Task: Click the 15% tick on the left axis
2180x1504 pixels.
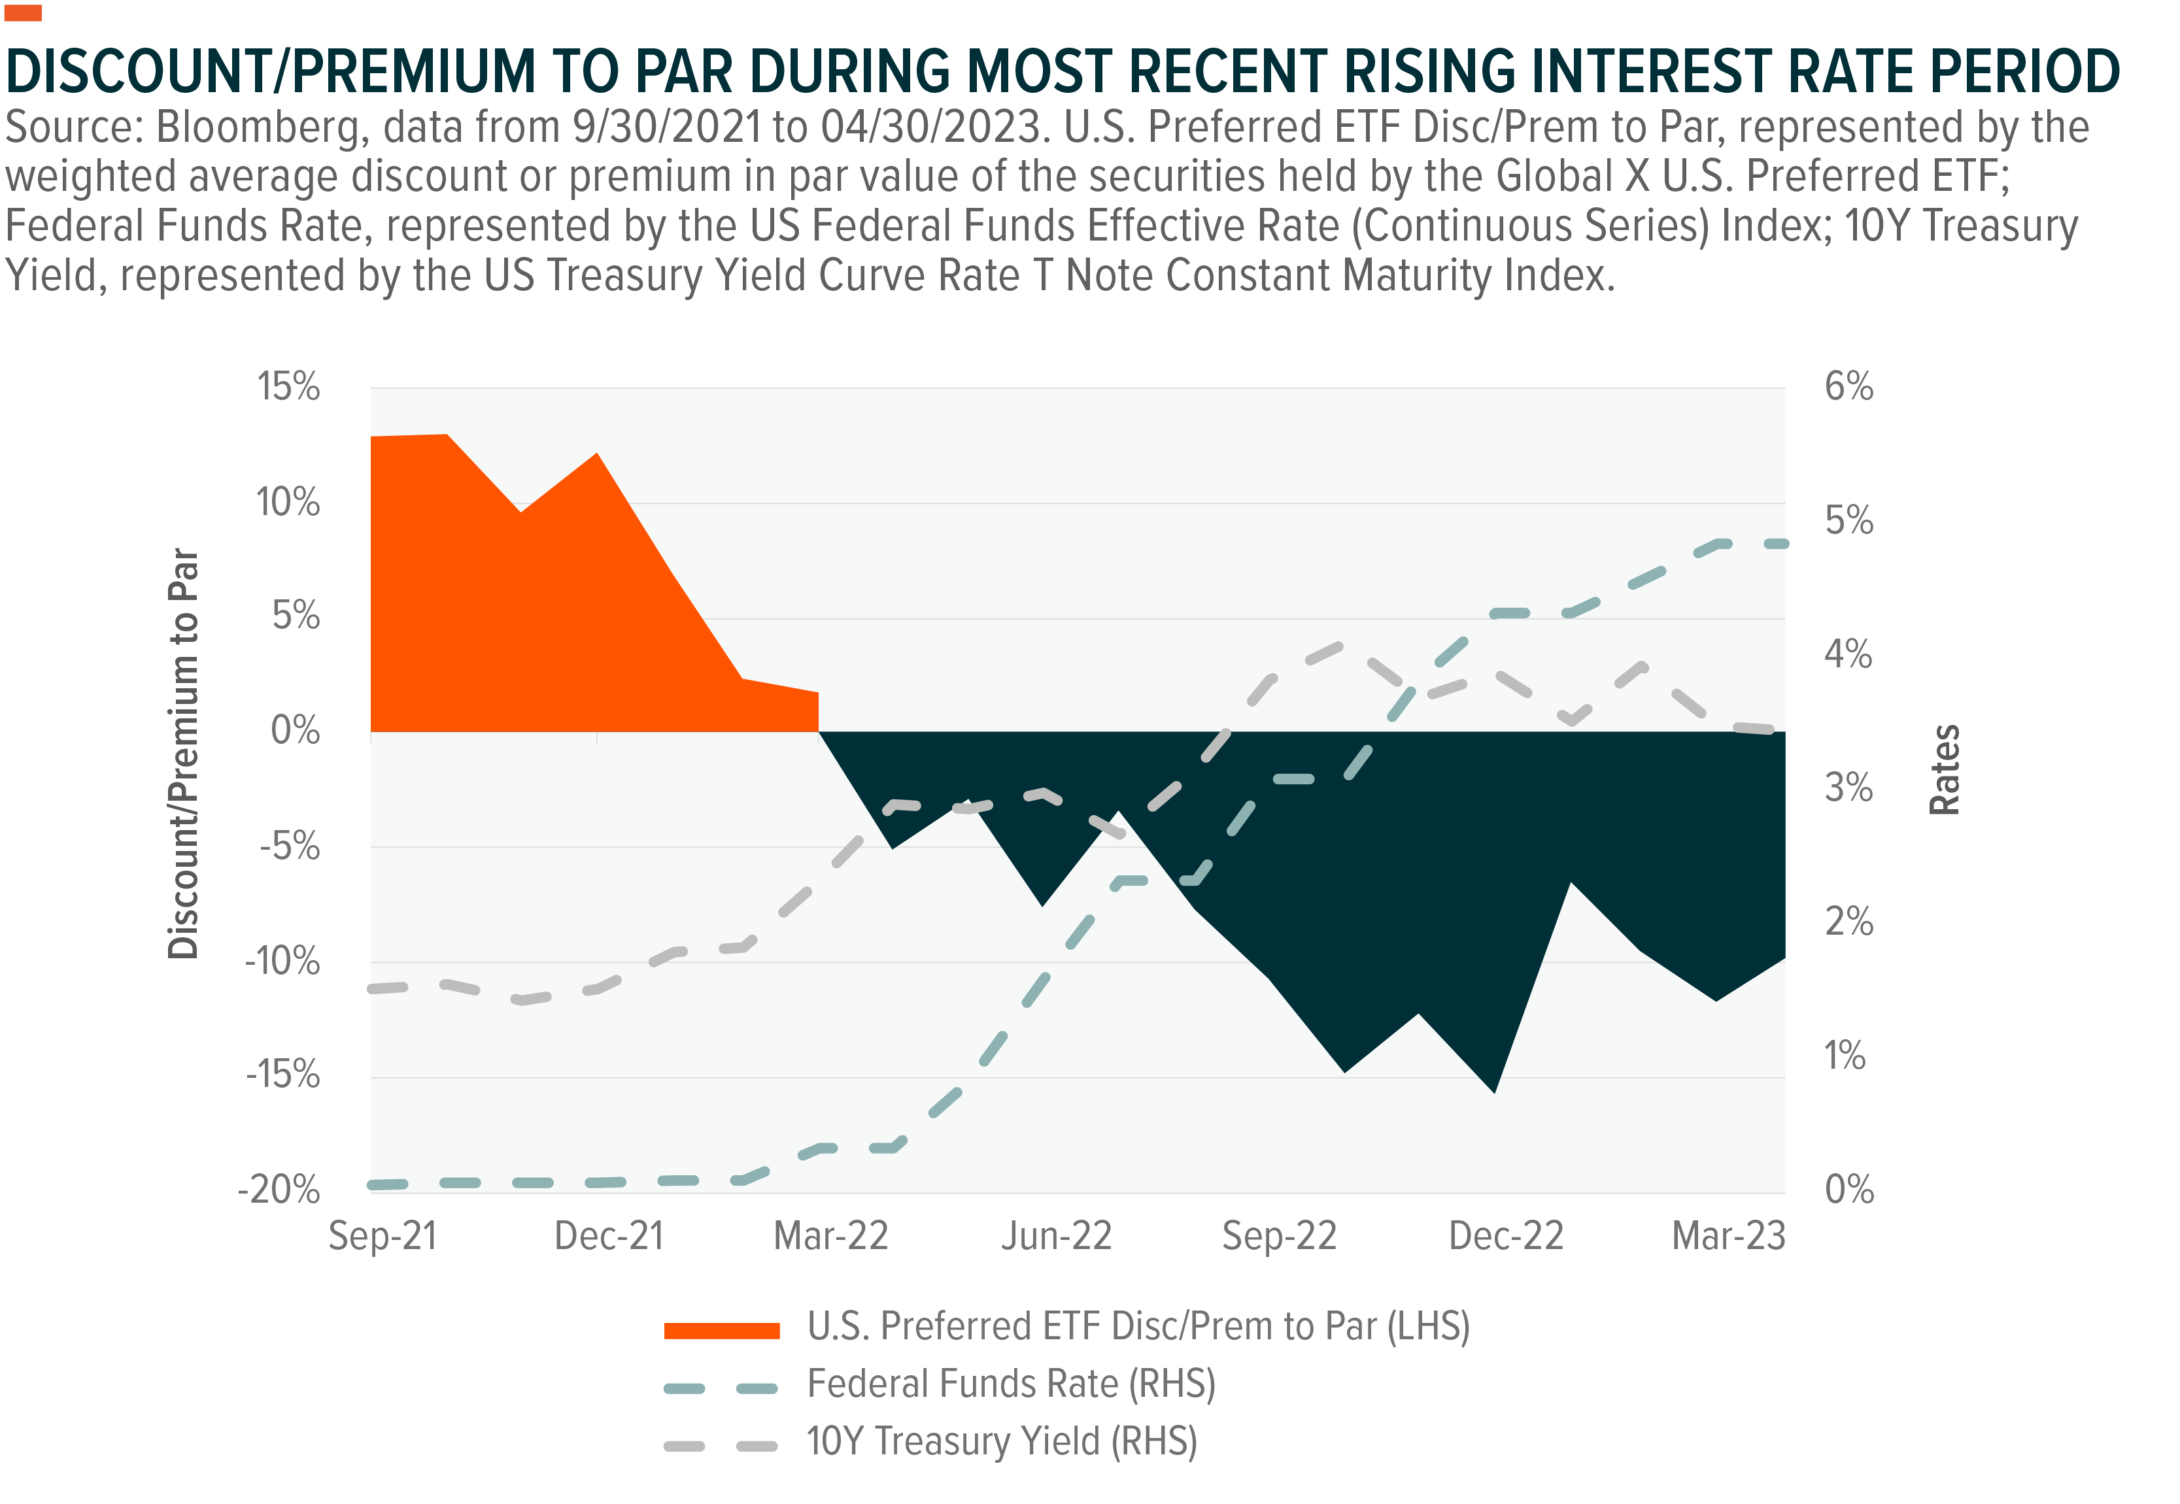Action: click(x=288, y=386)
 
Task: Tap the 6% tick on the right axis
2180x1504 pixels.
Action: click(x=1848, y=386)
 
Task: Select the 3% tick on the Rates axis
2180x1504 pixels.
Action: click(x=1848, y=788)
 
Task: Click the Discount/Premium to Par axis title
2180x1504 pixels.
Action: click(x=183, y=754)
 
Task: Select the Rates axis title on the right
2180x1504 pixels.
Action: click(x=1945, y=770)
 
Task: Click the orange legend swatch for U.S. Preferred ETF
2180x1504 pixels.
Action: click(x=722, y=1331)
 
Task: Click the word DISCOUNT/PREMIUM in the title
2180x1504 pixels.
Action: click(x=271, y=72)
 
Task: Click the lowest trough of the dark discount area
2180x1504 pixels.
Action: click(x=1494, y=1092)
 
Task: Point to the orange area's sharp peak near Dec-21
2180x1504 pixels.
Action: click(x=596, y=454)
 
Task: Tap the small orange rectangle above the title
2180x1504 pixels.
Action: click(x=23, y=13)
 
